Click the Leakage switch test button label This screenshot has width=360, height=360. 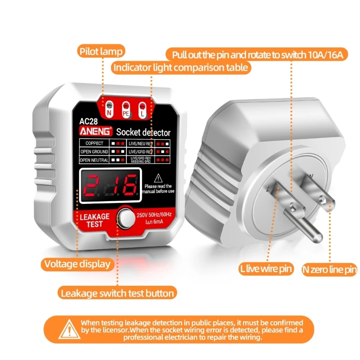click(x=117, y=293)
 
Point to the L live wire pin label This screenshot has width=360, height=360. click(x=266, y=269)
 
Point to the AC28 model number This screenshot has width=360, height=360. click(x=89, y=121)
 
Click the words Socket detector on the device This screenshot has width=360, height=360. click(x=143, y=132)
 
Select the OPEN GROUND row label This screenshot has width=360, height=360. click(x=94, y=152)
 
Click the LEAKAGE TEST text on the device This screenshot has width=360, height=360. click(x=94, y=220)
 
